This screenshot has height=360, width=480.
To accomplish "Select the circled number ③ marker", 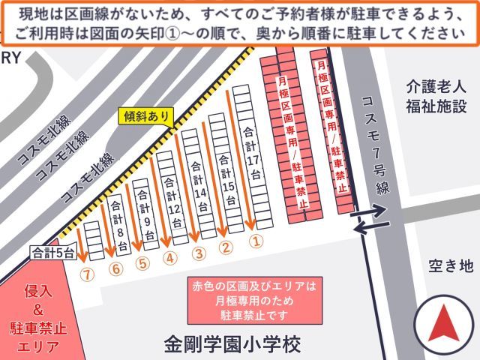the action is point(199,253).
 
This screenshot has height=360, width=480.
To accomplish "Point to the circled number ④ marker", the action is point(170,258).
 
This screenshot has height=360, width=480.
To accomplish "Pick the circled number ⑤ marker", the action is point(142,263).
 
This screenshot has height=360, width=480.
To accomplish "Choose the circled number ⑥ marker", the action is point(115,268).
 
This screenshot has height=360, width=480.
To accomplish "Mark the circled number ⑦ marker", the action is point(88,274).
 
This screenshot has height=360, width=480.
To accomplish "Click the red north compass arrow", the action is point(442,323).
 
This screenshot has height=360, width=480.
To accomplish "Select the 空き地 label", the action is point(451,265).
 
